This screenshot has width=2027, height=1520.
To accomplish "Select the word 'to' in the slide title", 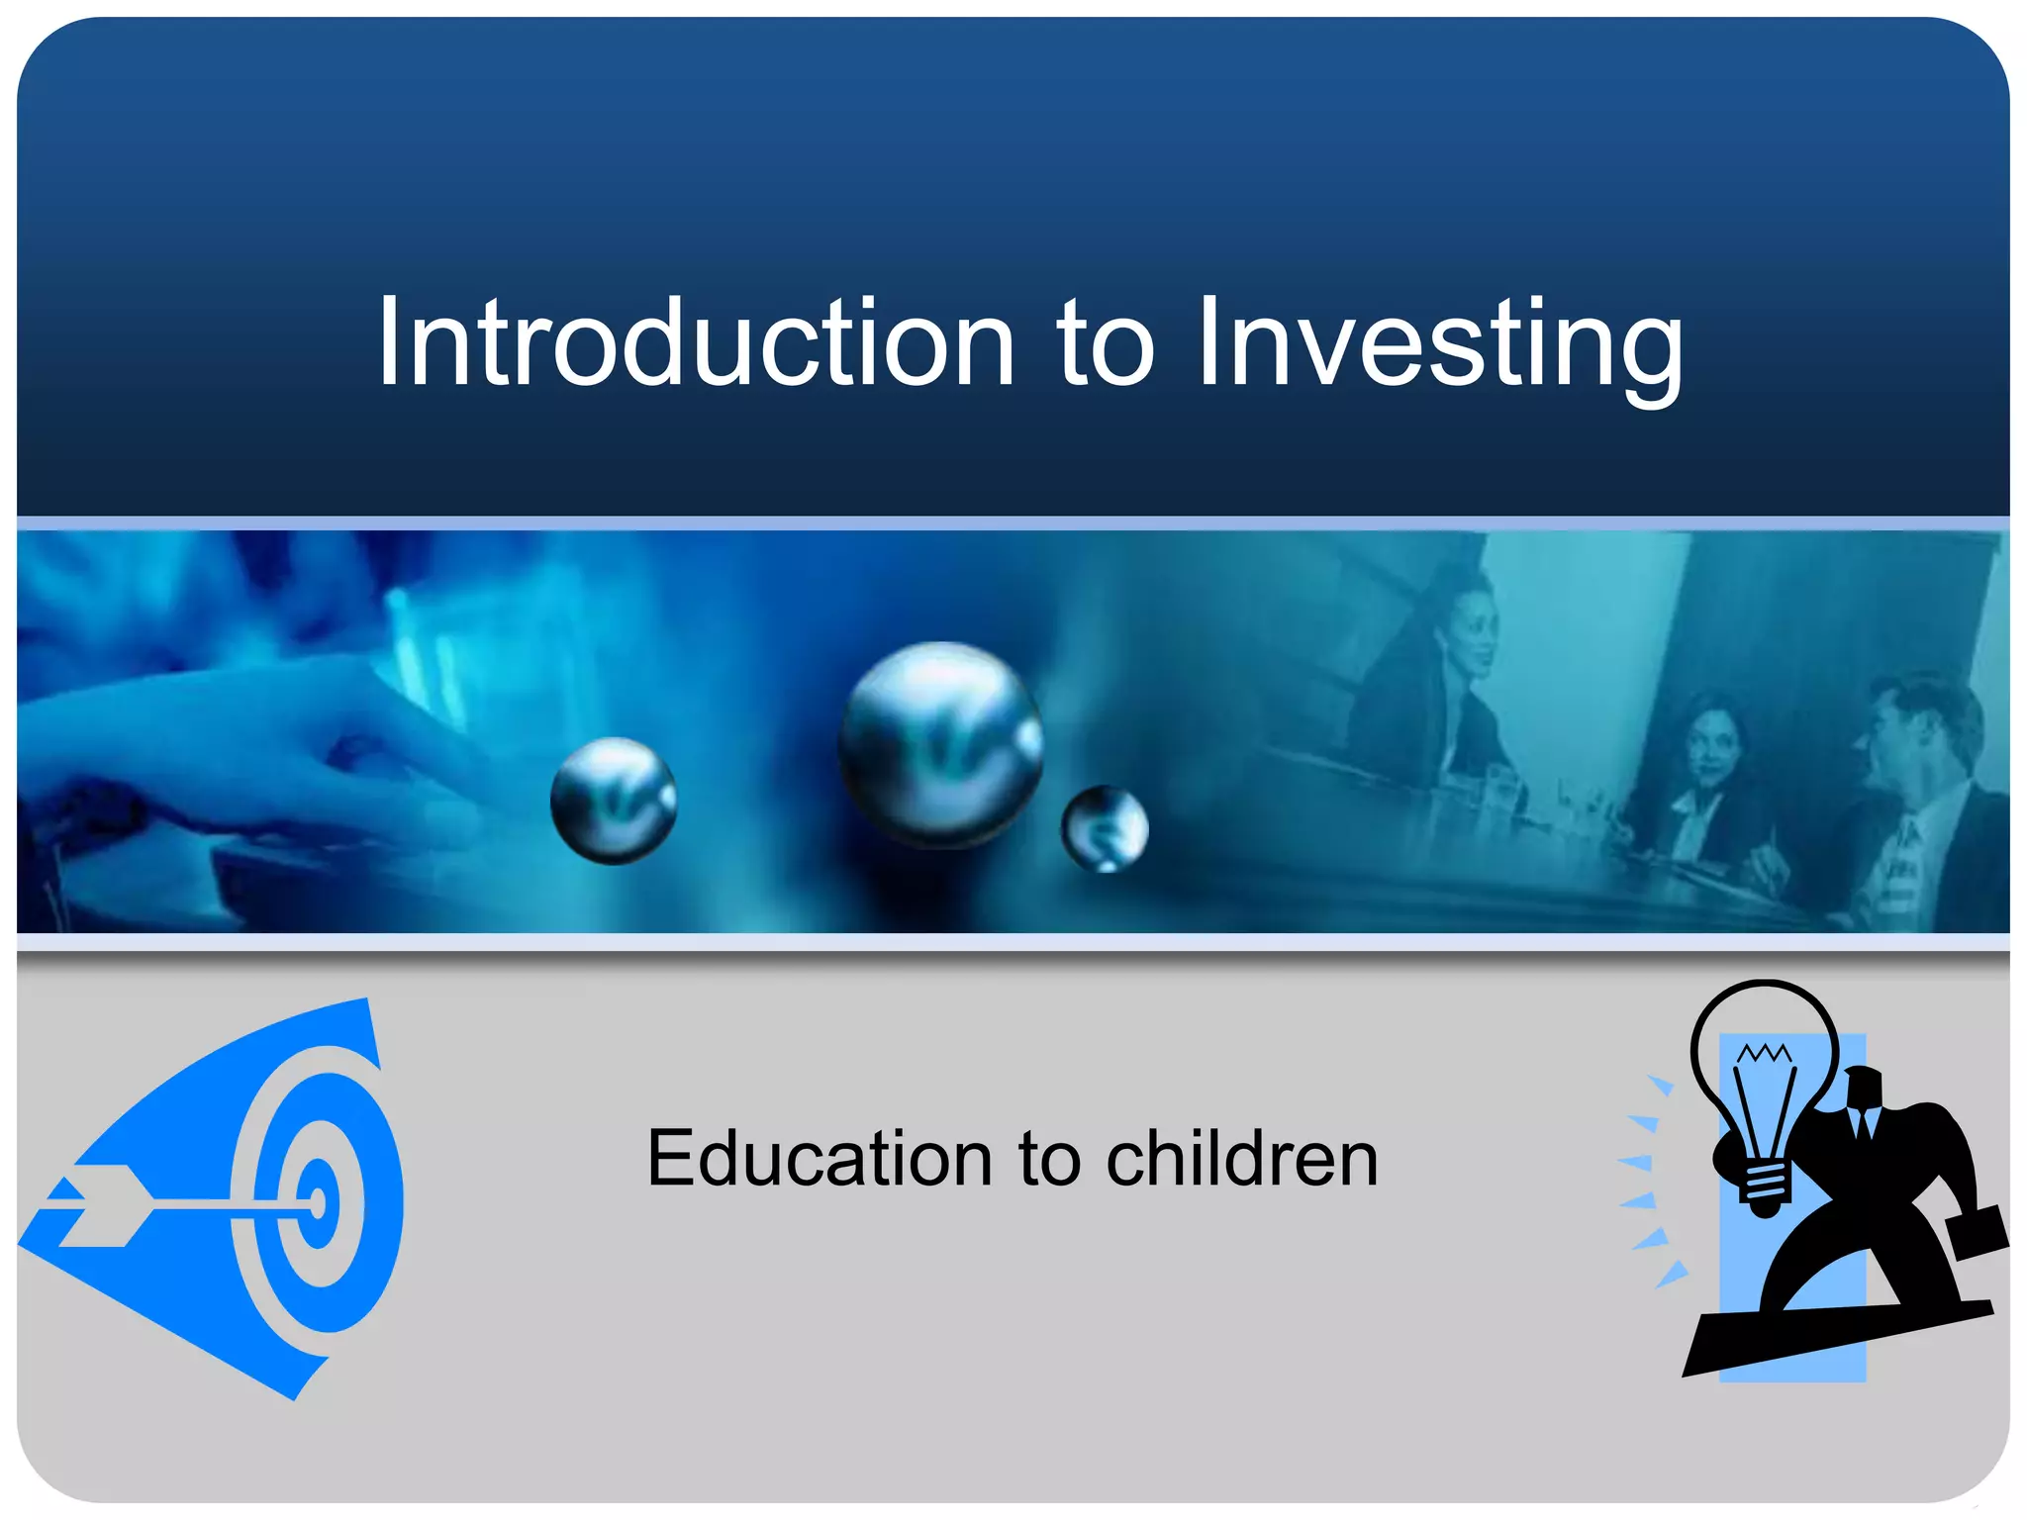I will (1105, 346).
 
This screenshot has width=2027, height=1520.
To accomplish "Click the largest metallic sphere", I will (940, 744).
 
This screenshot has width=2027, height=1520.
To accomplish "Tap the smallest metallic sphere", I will (1105, 829).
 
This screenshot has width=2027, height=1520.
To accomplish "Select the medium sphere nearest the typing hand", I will (614, 801).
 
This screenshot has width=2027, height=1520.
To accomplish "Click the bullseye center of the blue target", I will (318, 1203).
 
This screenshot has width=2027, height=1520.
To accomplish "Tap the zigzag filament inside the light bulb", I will (1764, 1053).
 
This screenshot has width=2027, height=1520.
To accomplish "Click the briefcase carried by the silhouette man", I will (1976, 1233).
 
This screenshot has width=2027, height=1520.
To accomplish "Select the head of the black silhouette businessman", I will (1862, 1089).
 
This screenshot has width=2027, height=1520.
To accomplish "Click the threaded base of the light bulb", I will (1766, 1187).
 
